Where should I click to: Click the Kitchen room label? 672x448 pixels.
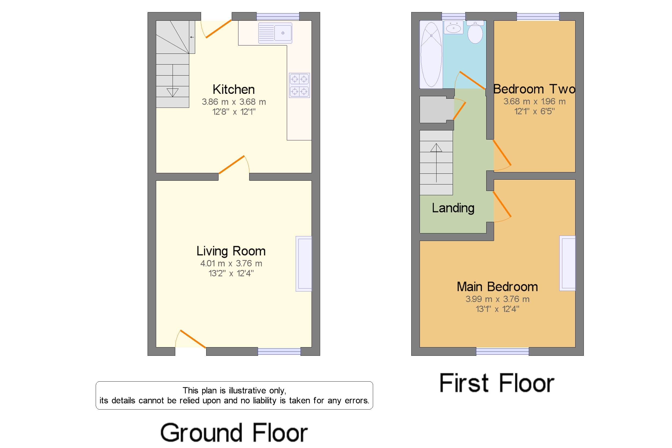(x=233, y=90)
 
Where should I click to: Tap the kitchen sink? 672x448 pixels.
(x=275, y=33)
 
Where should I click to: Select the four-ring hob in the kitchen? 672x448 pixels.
(x=299, y=85)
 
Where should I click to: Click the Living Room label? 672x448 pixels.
(x=231, y=251)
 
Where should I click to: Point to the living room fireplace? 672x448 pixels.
(x=303, y=264)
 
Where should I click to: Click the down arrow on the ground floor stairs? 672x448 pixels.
(x=173, y=92)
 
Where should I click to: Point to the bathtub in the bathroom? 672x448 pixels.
(x=431, y=54)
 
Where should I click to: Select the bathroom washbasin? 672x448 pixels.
(x=453, y=28)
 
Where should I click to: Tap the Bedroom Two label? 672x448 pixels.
(x=534, y=89)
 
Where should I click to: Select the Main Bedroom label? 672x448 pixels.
(x=497, y=287)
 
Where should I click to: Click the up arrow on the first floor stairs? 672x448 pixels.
(x=436, y=148)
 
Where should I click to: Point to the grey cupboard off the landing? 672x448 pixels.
(x=436, y=109)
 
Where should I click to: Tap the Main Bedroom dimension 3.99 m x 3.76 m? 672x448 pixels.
(x=497, y=299)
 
